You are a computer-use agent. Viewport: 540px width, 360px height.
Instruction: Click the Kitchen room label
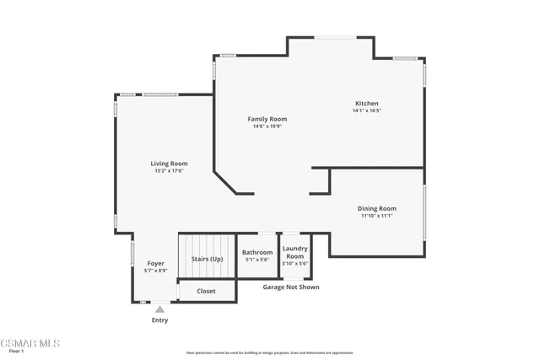(x=366, y=103)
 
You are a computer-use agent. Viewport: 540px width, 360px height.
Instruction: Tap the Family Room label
(x=267, y=119)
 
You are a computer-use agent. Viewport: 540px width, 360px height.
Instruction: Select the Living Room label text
(x=169, y=164)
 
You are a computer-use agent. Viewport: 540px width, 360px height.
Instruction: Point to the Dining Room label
(x=377, y=208)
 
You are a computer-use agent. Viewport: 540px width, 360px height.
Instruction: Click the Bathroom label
(x=257, y=252)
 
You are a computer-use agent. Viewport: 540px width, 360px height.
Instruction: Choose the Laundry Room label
(x=294, y=251)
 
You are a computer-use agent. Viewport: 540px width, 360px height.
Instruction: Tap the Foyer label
(x=156, y=263)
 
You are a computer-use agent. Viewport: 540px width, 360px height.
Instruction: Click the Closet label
(x=206, y=291)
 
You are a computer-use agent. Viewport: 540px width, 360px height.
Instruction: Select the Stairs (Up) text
(x=207, y=259)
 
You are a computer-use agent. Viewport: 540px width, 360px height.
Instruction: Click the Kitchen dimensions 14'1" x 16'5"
(x=366, y=110)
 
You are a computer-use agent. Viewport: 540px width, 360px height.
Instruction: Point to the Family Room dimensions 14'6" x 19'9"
(x=267, y=126)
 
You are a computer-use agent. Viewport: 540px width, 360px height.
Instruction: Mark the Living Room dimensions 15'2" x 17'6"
(x=169, y=171)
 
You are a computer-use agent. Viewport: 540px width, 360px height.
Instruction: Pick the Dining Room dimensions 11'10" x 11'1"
(x=377, y=216)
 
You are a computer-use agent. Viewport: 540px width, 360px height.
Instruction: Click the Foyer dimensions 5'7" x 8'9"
(x=156, y=271)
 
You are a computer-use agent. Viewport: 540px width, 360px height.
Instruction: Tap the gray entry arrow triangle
(x=159, y=309)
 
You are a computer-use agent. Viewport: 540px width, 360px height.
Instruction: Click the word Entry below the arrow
(x=159, y=320)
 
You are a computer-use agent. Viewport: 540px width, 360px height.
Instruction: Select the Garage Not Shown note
(x=290, y=287)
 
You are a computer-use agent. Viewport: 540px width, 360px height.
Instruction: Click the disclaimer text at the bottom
(x=269, y=353)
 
